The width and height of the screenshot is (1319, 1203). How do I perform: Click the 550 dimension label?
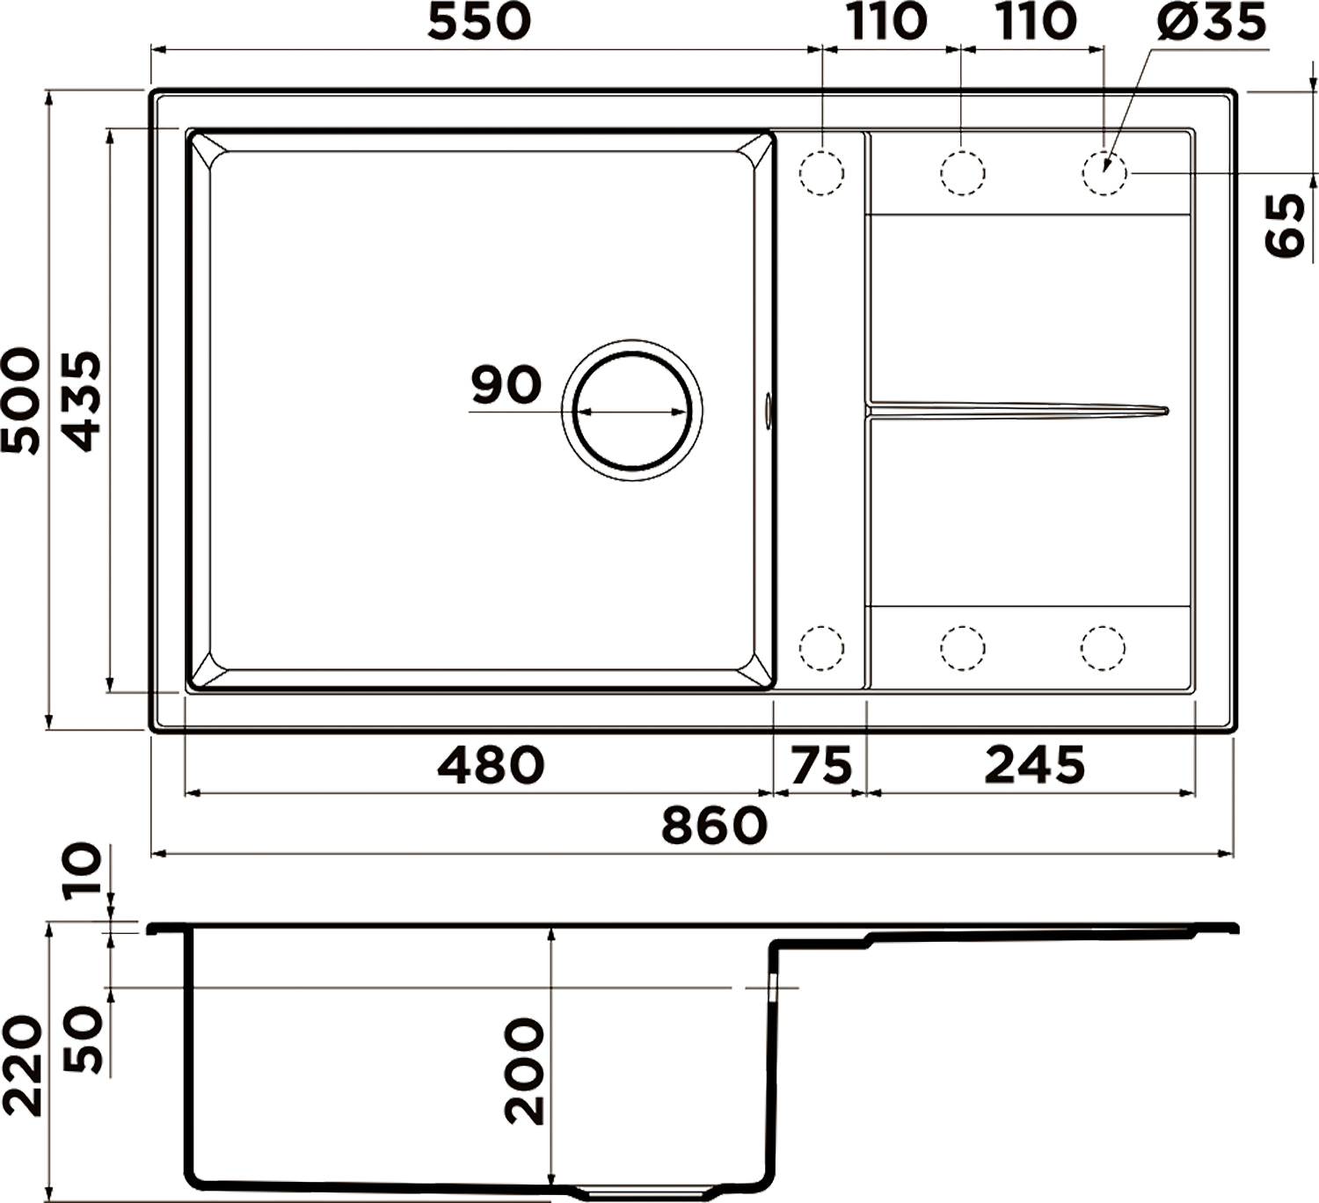tap(478, 22)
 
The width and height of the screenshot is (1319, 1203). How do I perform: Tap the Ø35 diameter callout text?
tap(1211, 23)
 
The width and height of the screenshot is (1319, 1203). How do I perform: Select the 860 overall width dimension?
tap(714, 826)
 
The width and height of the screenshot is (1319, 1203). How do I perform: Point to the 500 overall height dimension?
tap(19, 400)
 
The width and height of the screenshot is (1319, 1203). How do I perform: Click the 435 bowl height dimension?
tap(82, 401)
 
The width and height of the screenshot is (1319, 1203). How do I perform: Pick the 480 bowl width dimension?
tap(492, 764)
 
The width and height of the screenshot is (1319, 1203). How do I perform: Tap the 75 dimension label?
tap(821, 764)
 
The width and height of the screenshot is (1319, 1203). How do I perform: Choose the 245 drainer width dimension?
tap(1034, 764)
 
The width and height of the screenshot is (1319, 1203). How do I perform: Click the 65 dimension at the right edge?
tap(1284, 224)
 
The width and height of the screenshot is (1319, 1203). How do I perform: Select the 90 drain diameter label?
tap(506, 385)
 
